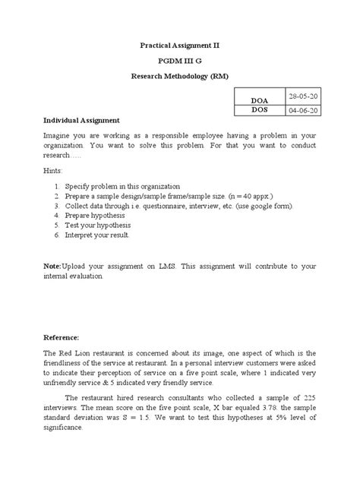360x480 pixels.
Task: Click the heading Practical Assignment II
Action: pyautogui.click(x=180, y=46)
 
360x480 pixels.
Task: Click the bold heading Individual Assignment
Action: pyautogui.click(x=81, y=121)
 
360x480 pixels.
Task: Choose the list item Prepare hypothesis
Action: pyautogui.click(x=95, y=215)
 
